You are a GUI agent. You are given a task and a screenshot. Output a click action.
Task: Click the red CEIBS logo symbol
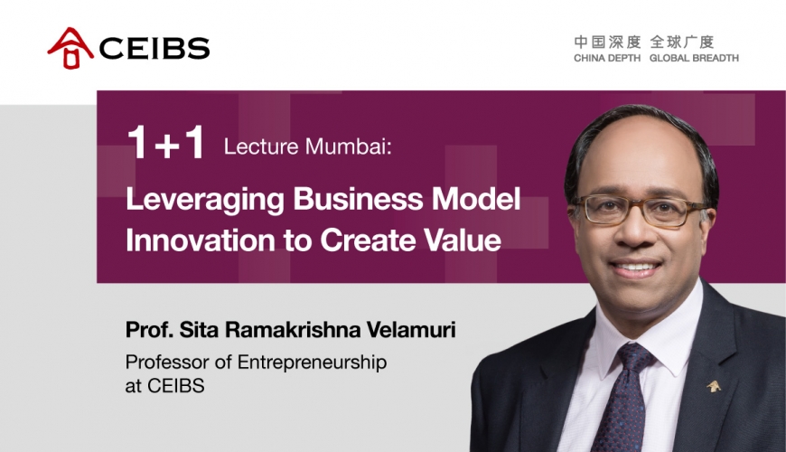[x=70, y=48]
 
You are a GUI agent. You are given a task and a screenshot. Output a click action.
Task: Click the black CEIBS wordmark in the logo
[x=154, y=48]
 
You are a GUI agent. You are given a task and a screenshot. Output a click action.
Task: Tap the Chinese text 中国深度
[x=607, y=42]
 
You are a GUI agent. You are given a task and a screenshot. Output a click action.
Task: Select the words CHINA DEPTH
[x=607, y=58]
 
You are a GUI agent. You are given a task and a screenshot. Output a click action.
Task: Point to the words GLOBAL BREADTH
[x=694, y=58]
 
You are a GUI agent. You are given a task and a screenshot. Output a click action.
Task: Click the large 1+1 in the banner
[x=166, y=143]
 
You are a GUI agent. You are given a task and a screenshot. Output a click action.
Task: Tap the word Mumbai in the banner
[x=348, y=146]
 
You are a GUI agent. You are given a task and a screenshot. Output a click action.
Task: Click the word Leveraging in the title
[x=205, y=200]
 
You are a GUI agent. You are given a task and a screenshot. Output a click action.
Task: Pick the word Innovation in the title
[x=201, y=240]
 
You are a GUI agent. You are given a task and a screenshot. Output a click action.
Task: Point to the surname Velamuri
[x=411, y=330]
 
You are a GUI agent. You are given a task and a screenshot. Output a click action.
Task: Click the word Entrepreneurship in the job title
[x=312, y=363]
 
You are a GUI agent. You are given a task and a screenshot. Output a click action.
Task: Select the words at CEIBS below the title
[x=165, y=386]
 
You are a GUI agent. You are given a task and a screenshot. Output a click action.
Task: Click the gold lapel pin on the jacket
[x=714, y=386]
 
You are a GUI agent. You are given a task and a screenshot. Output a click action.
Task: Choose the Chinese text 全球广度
[x=682, y=42]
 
